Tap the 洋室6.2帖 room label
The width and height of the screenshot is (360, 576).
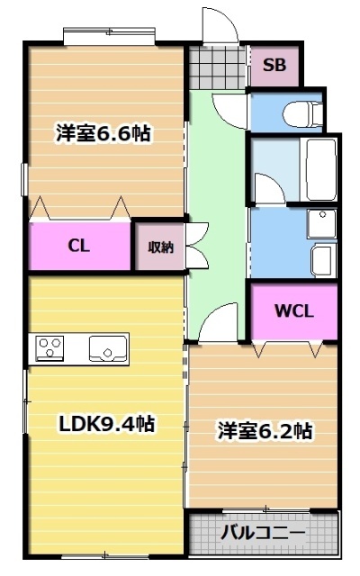click(x=265, y=431)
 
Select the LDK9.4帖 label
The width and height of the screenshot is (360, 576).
click(x=105, y=422)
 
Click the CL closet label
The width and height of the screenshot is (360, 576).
click(x=78, y=246)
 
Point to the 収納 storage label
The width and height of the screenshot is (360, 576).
click(x=160, y=247)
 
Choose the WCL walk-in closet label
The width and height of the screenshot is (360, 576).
click(x=293, y=311)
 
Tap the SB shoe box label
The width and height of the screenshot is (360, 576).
click(x=274, y=66)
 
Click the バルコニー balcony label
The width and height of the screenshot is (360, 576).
click(x=264, y=532)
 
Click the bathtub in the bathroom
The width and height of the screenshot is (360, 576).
click(x=319, y=170)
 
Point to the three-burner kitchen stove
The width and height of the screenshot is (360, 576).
click(x=49, y=346)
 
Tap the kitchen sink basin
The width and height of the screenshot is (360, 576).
click(x=107, y=346)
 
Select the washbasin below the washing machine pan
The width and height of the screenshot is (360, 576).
click(x=321, y=261)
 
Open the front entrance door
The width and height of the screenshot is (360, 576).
click(x=219, y=27)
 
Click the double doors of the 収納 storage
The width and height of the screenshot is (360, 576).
click(x=195, y=245)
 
